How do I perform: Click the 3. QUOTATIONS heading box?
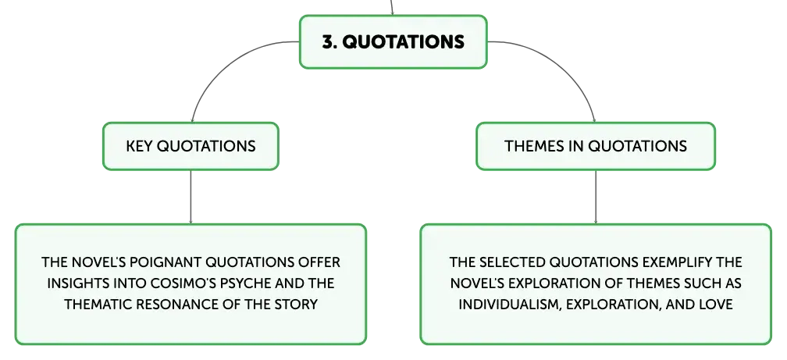(x=393, y=41)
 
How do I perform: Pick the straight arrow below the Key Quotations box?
(x=191, y=197)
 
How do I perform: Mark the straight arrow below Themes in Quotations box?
(x=596, y=197)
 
